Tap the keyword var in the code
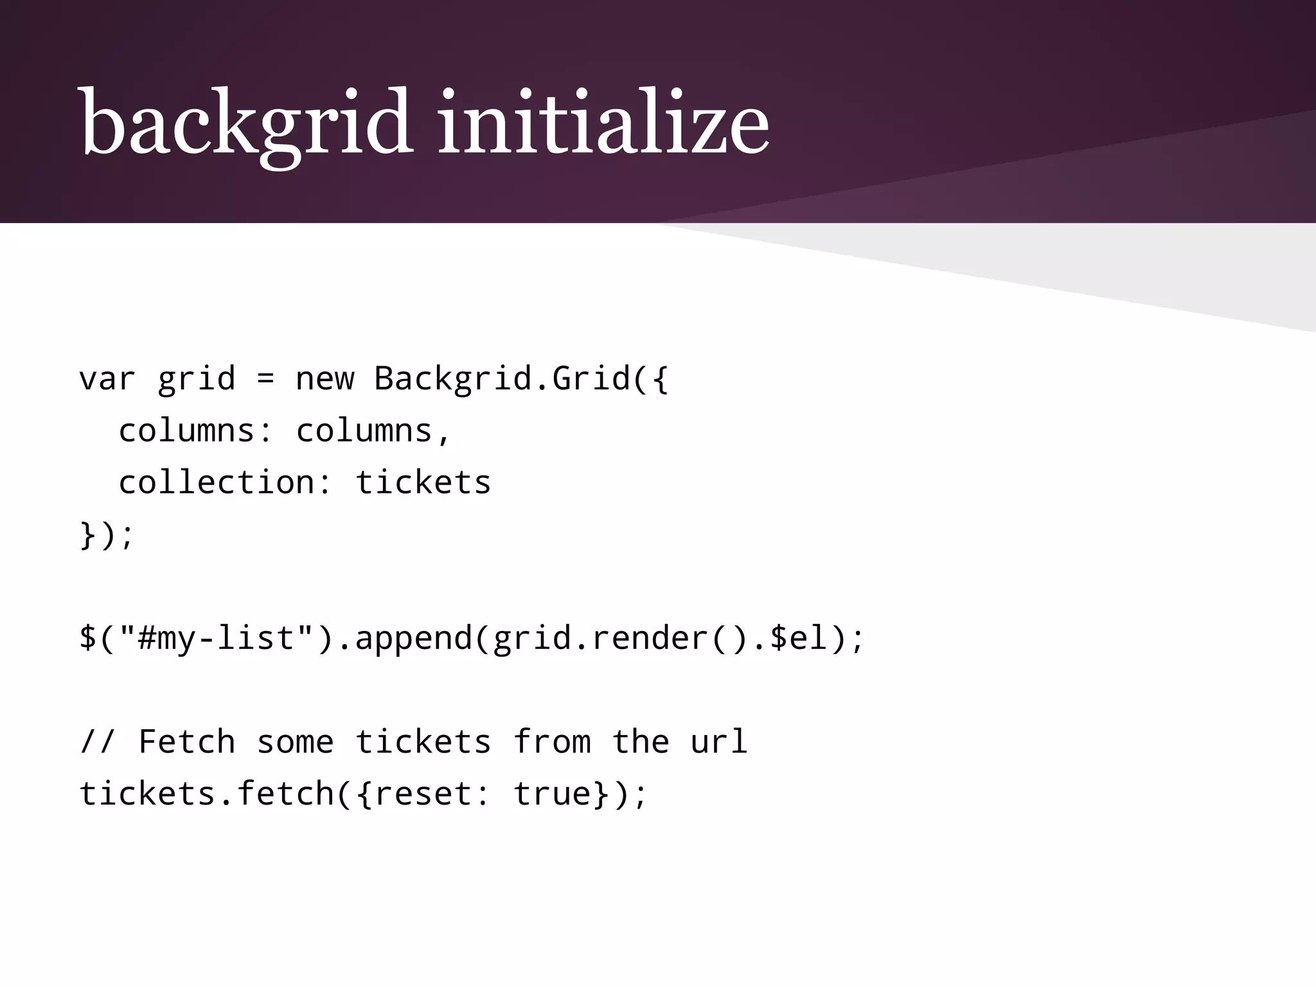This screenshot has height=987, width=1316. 107,378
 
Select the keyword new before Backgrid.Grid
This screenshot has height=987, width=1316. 325,378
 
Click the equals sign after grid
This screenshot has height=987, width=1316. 265,378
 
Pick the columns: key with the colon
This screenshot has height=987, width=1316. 196,431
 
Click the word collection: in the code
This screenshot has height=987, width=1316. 226,482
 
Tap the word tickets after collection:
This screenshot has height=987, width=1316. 423,482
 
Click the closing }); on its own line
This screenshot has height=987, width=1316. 107,535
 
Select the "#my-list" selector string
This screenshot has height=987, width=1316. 216,638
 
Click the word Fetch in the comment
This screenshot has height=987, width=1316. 186,742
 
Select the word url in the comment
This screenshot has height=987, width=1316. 719,742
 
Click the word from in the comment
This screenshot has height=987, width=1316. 552,742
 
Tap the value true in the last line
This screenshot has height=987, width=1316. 552,794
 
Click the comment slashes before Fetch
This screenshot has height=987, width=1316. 98,742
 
